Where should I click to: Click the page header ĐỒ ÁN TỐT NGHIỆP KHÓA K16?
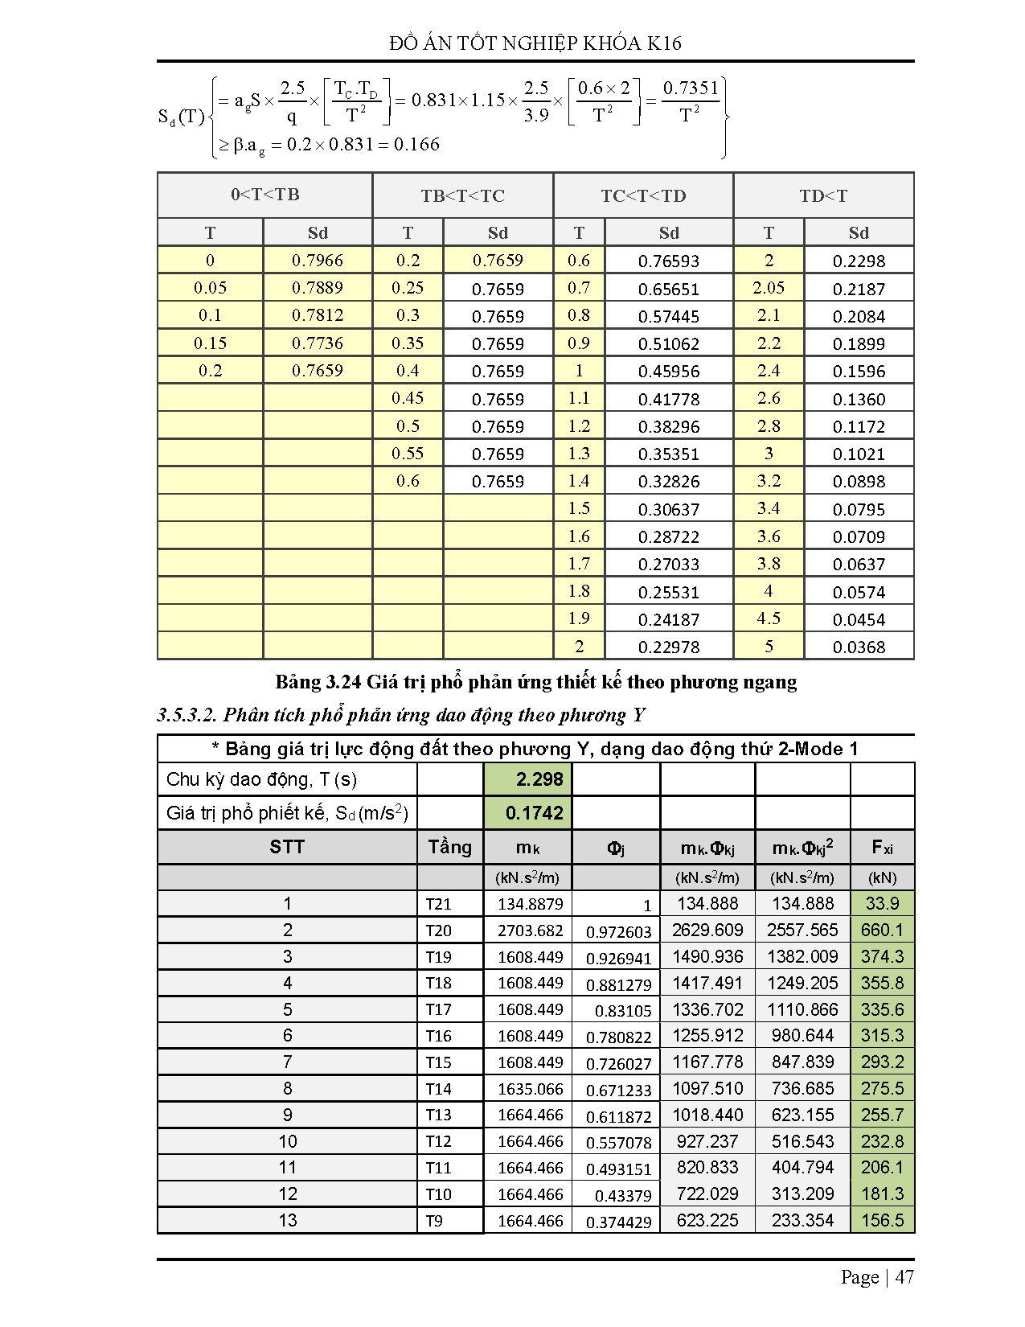click(535, 43)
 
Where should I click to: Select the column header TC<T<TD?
click(643, 195)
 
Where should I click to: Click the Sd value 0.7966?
click(317, 261)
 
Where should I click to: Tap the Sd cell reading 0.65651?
click(668, 289)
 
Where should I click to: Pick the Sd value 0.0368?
click(859, 647)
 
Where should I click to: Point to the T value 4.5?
click(769, 618)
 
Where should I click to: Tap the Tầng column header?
click(449, 847)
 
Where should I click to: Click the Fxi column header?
click(882, 847)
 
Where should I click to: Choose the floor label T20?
click(438, 931)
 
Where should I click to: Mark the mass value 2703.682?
click(530, 931)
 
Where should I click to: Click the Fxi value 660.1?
click(882, 931)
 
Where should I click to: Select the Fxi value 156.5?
click(882, 1221)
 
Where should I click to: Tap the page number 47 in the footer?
click(904, 1277)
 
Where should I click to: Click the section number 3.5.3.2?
click(187, 715)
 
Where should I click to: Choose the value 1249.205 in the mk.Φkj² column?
click(802, 984)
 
